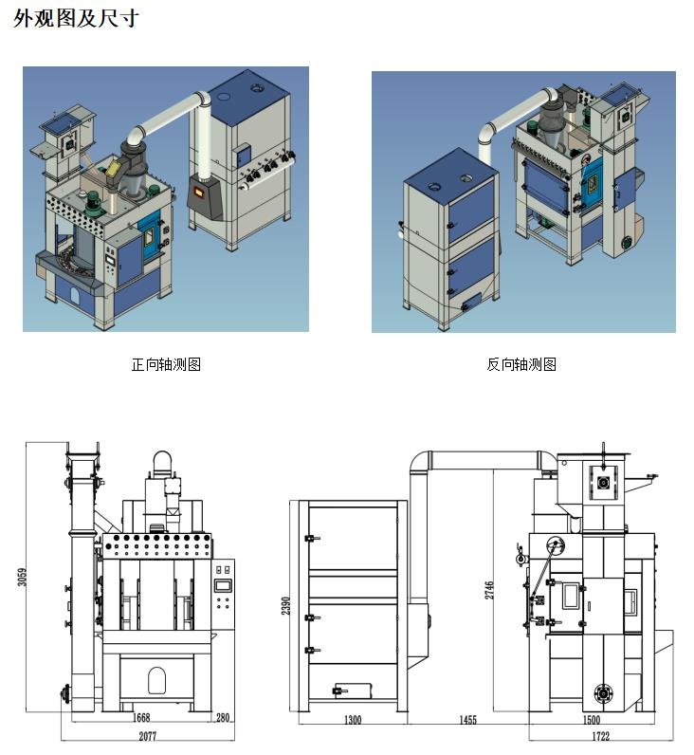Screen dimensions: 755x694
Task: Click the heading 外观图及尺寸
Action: (76, 18)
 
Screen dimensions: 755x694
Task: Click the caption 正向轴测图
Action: (166, 364)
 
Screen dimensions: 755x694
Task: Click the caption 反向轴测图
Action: (521, 364)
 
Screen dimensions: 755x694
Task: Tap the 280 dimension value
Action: (224, 718)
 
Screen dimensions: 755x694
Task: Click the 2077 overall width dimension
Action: (147, 736)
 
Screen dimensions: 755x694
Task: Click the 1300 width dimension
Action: (352, 720)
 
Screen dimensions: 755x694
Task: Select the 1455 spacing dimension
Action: (467, 720)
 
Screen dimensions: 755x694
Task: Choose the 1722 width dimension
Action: (600, 736)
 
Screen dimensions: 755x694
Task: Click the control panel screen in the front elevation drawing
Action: (224, 584)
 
